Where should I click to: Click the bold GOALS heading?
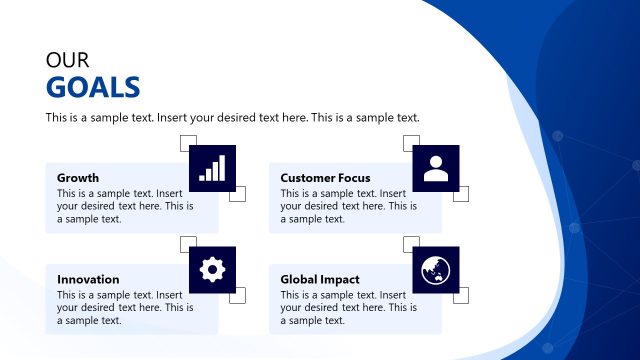click(x=93, y=88)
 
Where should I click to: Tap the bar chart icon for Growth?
click(x=212, y=168)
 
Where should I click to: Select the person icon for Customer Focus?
click(x=435, y=168)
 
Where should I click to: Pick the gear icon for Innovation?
click(x=212, y=269)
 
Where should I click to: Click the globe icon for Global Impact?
click(x=435, y=269)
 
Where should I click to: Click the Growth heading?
click(x=78, y=178)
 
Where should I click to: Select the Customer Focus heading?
click(x=325, y=178)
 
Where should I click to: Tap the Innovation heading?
click(x=88, y=279)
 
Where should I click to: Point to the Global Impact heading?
click(x=320, y=279)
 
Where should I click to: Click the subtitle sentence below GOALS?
click(x=232, y=118)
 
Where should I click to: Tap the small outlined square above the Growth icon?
click(x=188, y=143)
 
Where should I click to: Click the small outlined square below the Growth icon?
click(x=237, y=194)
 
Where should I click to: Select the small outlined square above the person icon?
click(x=411, y=143)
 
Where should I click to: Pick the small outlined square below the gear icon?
click(x=237, y=295)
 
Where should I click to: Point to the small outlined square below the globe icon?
click(x=460, y=295)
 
